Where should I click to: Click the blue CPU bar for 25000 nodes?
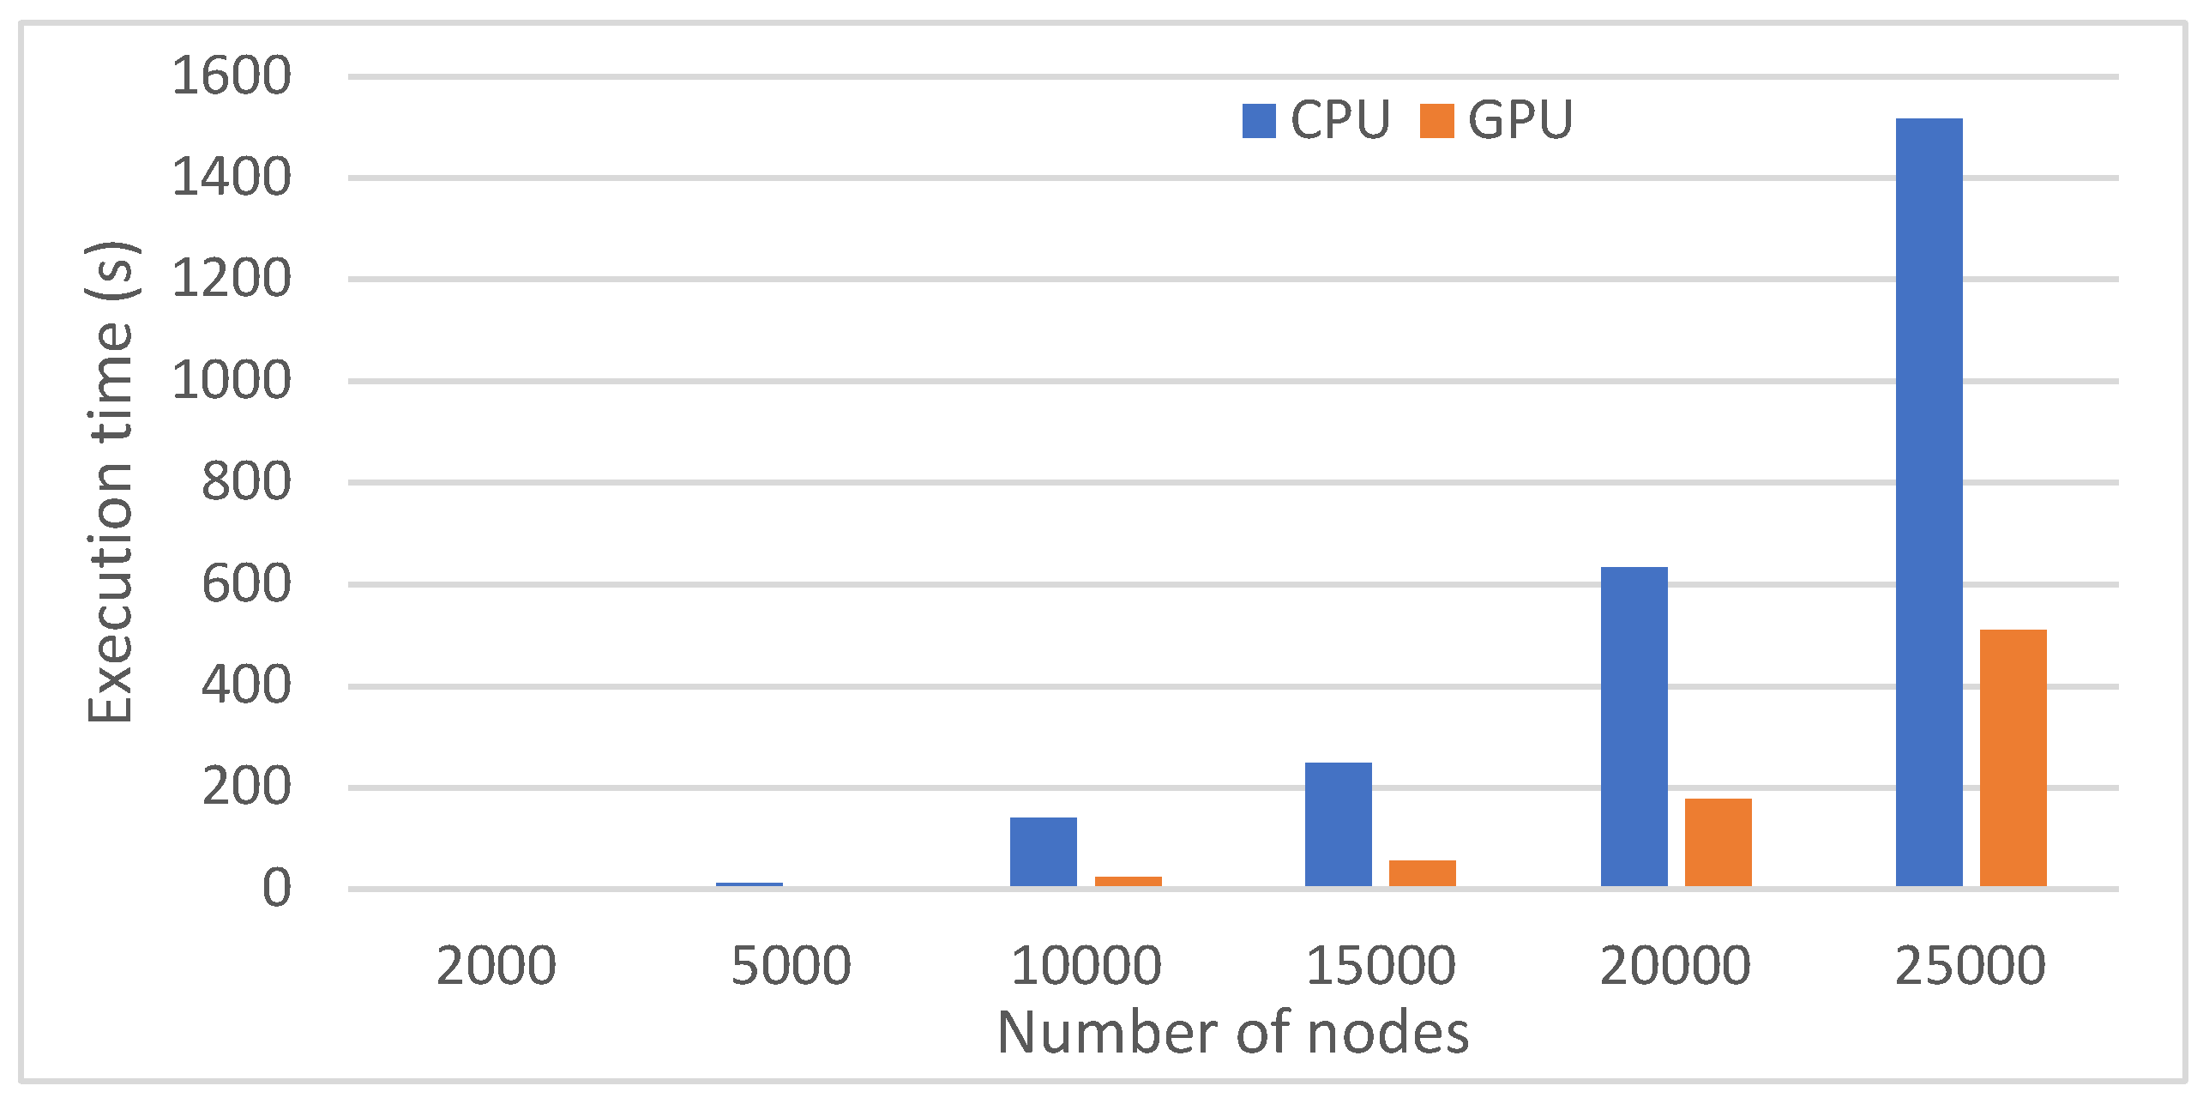[1929, 502]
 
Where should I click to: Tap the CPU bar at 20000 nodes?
[1634, 727]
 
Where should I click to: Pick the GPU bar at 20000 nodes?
[1718, 842]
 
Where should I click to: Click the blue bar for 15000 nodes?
[1338, 824]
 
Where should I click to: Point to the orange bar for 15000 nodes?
[1422, 873]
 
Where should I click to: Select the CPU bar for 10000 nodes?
[1043, 852]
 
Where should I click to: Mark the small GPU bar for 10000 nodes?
[1128, 882]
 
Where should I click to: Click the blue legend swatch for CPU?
[1258, 121]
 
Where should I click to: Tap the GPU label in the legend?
[1520, 120]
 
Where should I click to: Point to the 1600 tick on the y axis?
[232, 75]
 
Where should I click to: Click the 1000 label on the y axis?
[232, 380]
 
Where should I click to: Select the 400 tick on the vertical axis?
[246, 685]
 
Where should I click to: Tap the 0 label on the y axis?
[276, 889]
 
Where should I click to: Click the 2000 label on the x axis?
[496, 966]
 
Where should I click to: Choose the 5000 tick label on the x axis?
[791, 966]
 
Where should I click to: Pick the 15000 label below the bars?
[1380, 966]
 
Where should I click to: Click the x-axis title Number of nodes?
[1232, 1032]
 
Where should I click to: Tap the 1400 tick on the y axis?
[232, 178]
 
